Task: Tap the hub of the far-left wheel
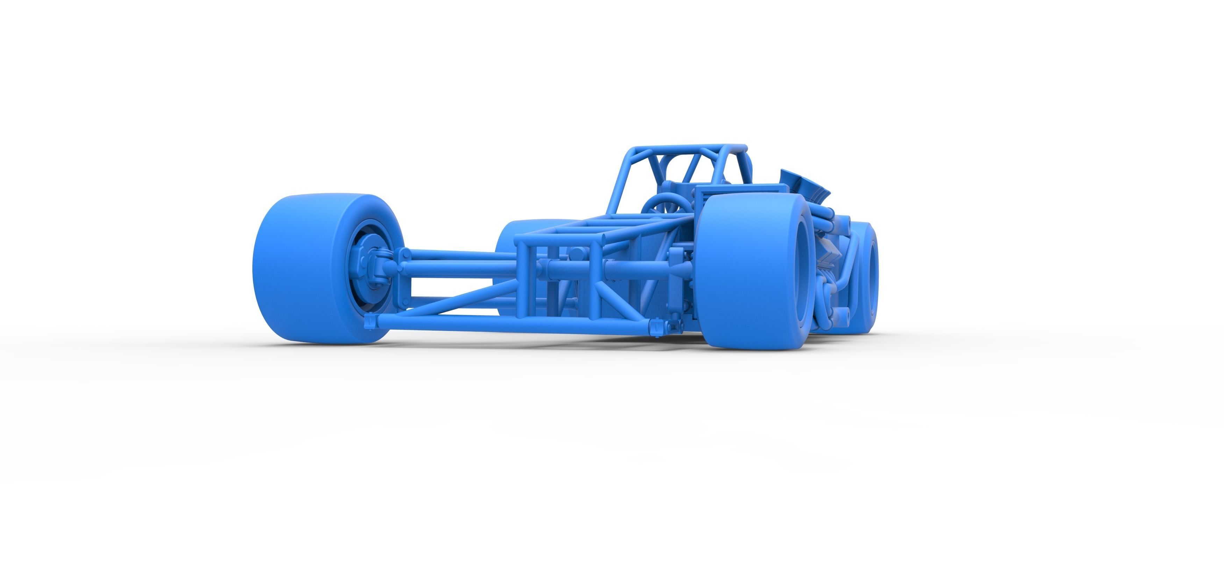pos(373,269)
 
